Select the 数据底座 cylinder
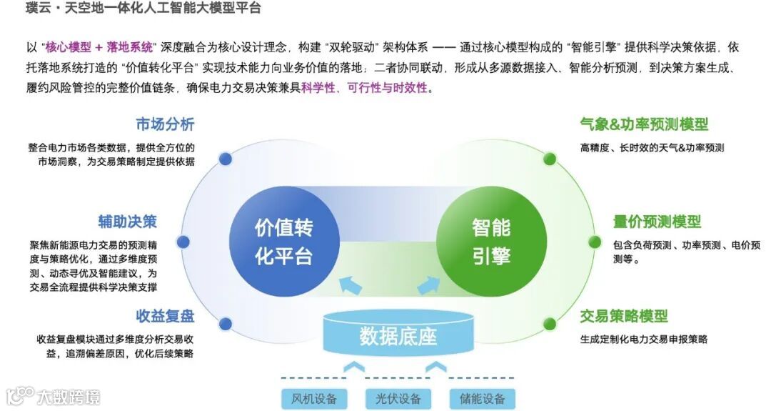398,335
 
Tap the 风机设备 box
309,398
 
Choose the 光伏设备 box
393,398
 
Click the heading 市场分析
165,124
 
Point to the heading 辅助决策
128,221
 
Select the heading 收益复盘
165,316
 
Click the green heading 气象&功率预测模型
644,124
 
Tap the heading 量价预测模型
657,222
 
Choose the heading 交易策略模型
624,316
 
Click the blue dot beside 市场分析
226,159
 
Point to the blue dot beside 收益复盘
226,322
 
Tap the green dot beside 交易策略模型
550,323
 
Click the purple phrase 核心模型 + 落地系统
99,47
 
